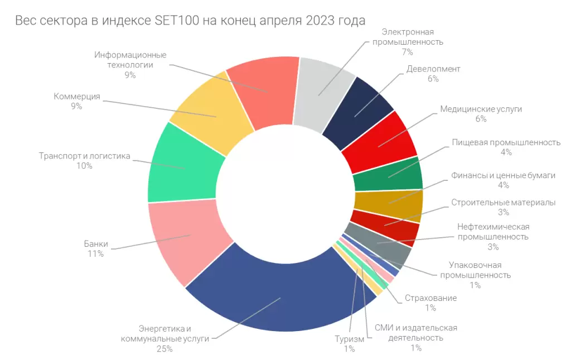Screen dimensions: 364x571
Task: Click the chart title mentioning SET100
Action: pyautogui.click(x=190, y=21)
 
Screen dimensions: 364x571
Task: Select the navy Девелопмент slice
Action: pyautogui.click(x=360, y=109)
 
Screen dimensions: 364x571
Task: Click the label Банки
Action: pyautogui.click(x=96, y=244)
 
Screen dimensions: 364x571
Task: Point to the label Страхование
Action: pyautogui.click(x=430, y=298)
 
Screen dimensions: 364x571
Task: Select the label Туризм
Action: pyautogui.click(x=350, y=339)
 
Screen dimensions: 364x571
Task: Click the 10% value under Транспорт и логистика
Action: pyautogui.click(x=85, y=166)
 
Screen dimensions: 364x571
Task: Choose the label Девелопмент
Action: pyautogui.click(x=433, y=69)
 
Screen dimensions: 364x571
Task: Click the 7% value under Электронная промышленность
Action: pyautogui.click(x=407, y=52)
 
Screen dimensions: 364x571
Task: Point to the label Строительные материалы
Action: pyautogui.click(x=503, y=202)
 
